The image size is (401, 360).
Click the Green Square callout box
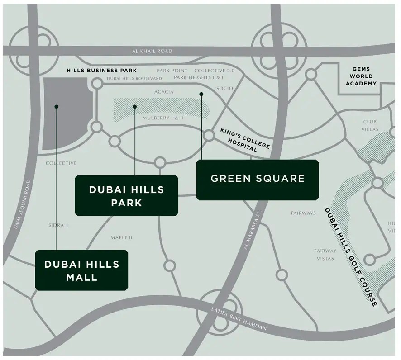point(258,179)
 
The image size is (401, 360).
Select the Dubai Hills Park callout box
point(126,195)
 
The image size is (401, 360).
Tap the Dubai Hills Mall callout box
point(81,270)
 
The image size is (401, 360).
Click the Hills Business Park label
point(101,71)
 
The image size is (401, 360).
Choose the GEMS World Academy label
point(361,77)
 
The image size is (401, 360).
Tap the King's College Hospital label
point(245,140)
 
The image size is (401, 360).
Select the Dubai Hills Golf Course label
point(351,256)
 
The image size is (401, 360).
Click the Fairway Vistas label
point(325,255)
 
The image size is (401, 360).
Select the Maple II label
point(122,237)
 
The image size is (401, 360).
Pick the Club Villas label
point(370,125)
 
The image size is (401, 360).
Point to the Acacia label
point(163,92)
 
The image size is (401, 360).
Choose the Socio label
point(224,88)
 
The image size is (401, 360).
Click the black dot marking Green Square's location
point(201,94)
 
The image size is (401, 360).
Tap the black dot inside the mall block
point(56,107)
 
